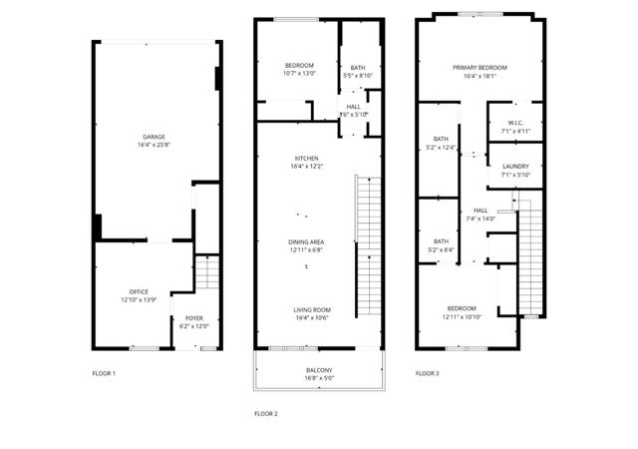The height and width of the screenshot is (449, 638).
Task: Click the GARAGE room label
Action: click(154, 137)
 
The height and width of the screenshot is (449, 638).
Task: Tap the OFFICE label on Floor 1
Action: click(139, 291)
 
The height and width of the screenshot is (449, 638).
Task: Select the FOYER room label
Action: click(193, 318)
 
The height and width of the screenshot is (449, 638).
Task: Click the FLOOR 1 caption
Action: click(104, 373)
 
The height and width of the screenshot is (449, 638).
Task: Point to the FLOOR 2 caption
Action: click(265, 412)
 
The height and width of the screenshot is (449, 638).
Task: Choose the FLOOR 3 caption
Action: click(427, 373)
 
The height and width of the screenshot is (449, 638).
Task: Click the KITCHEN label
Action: click(306, 159)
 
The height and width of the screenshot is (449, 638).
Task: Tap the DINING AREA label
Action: click(306, 242)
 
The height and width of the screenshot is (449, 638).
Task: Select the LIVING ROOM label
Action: click(312, 309)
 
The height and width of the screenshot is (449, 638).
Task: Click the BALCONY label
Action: click(319, 370)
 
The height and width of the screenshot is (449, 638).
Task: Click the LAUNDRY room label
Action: click(515, 167)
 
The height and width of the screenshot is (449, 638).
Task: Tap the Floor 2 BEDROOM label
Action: click(299, 65)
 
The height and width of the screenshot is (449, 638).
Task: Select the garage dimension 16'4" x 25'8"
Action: click(154, 145)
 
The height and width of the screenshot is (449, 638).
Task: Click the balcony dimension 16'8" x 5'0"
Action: click(319, 378)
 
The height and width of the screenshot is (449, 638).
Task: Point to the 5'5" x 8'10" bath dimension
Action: click(357, 75)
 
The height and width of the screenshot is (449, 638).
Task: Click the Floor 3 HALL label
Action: click(480, 211)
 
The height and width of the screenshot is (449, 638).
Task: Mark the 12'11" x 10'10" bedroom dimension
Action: click(462, 316)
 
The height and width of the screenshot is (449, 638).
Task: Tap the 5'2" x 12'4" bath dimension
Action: click(441, 148)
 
